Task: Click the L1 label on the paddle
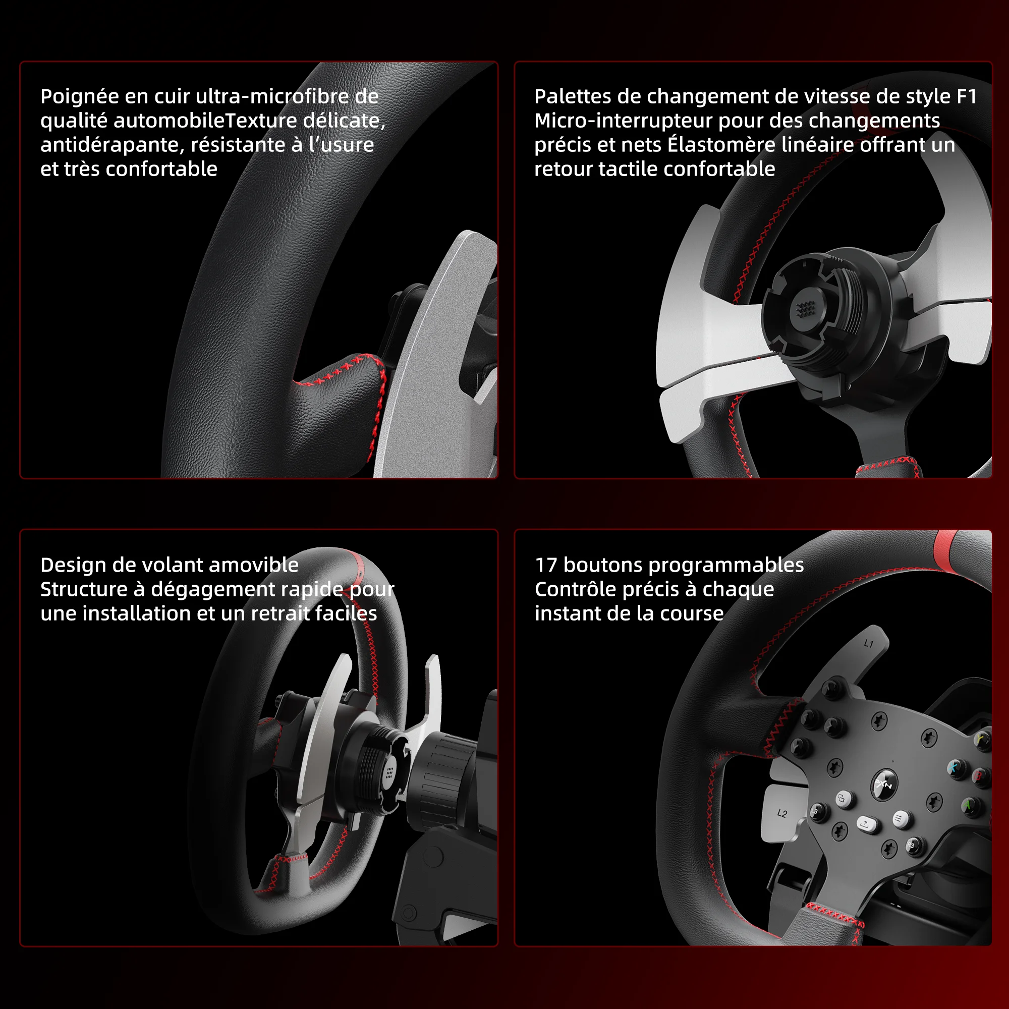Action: (x=869, y=644)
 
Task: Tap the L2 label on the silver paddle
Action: (x=782, y=813)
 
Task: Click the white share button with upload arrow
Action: (x=865, y=824)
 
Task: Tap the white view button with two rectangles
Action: (x=842, y=799)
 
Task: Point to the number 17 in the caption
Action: (x=546, y=566)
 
